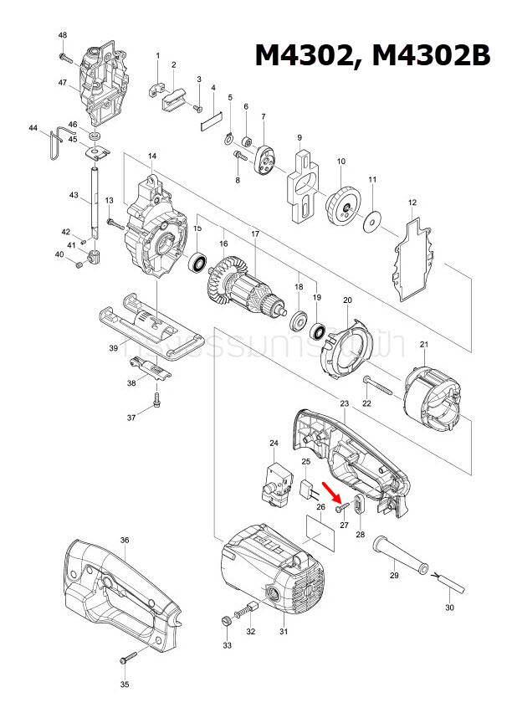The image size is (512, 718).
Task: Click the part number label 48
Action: pyautogui.click(x=63, y=34)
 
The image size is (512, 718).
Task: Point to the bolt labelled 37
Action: pyautogui.click(x=156, y=404)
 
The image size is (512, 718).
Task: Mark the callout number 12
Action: pyautogui.click(x=412, y=203)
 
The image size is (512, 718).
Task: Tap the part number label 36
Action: pyautogui.click(x=124, y=541)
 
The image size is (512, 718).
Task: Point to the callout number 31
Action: pyautogui.click(x=283, y=631)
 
